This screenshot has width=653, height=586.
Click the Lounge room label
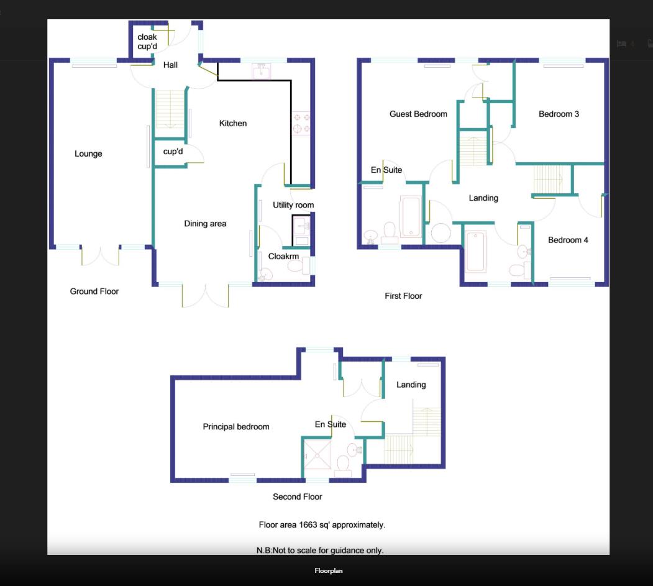[x=88, y=154]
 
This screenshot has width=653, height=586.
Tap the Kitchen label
[x=233, y=124]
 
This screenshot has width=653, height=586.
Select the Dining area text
[x=205, y=224]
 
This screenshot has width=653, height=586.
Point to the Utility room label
[x=293, y=205]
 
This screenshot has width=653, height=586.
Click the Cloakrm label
[x=283, y=256]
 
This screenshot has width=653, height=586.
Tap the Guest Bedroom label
[x=418, y=114]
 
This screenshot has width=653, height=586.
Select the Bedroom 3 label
[x=559, y=114]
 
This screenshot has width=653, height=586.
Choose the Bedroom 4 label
[x=568, y=240]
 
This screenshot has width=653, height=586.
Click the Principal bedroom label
[x=236, y=427]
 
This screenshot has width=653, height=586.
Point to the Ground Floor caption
[x=94, y=291]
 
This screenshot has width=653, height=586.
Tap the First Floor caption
[x=403, y=296]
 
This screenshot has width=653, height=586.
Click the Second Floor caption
[x=298, y=497]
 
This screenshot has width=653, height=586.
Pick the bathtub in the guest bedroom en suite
[x=411, y=217]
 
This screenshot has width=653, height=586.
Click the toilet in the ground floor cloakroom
[x=295, y=267]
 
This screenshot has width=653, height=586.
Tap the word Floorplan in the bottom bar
[x=329, y=570]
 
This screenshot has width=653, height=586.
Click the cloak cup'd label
[x=147, y=42]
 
